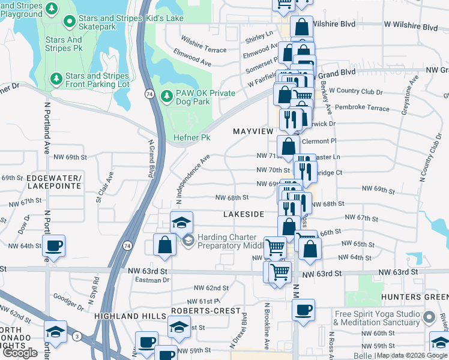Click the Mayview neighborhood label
(253, 131)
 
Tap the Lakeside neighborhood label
(243, 214)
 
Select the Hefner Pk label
(192, 137)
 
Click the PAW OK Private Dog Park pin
(167, 93)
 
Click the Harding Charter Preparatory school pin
(188, 241)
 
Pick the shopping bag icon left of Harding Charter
(164, 245)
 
